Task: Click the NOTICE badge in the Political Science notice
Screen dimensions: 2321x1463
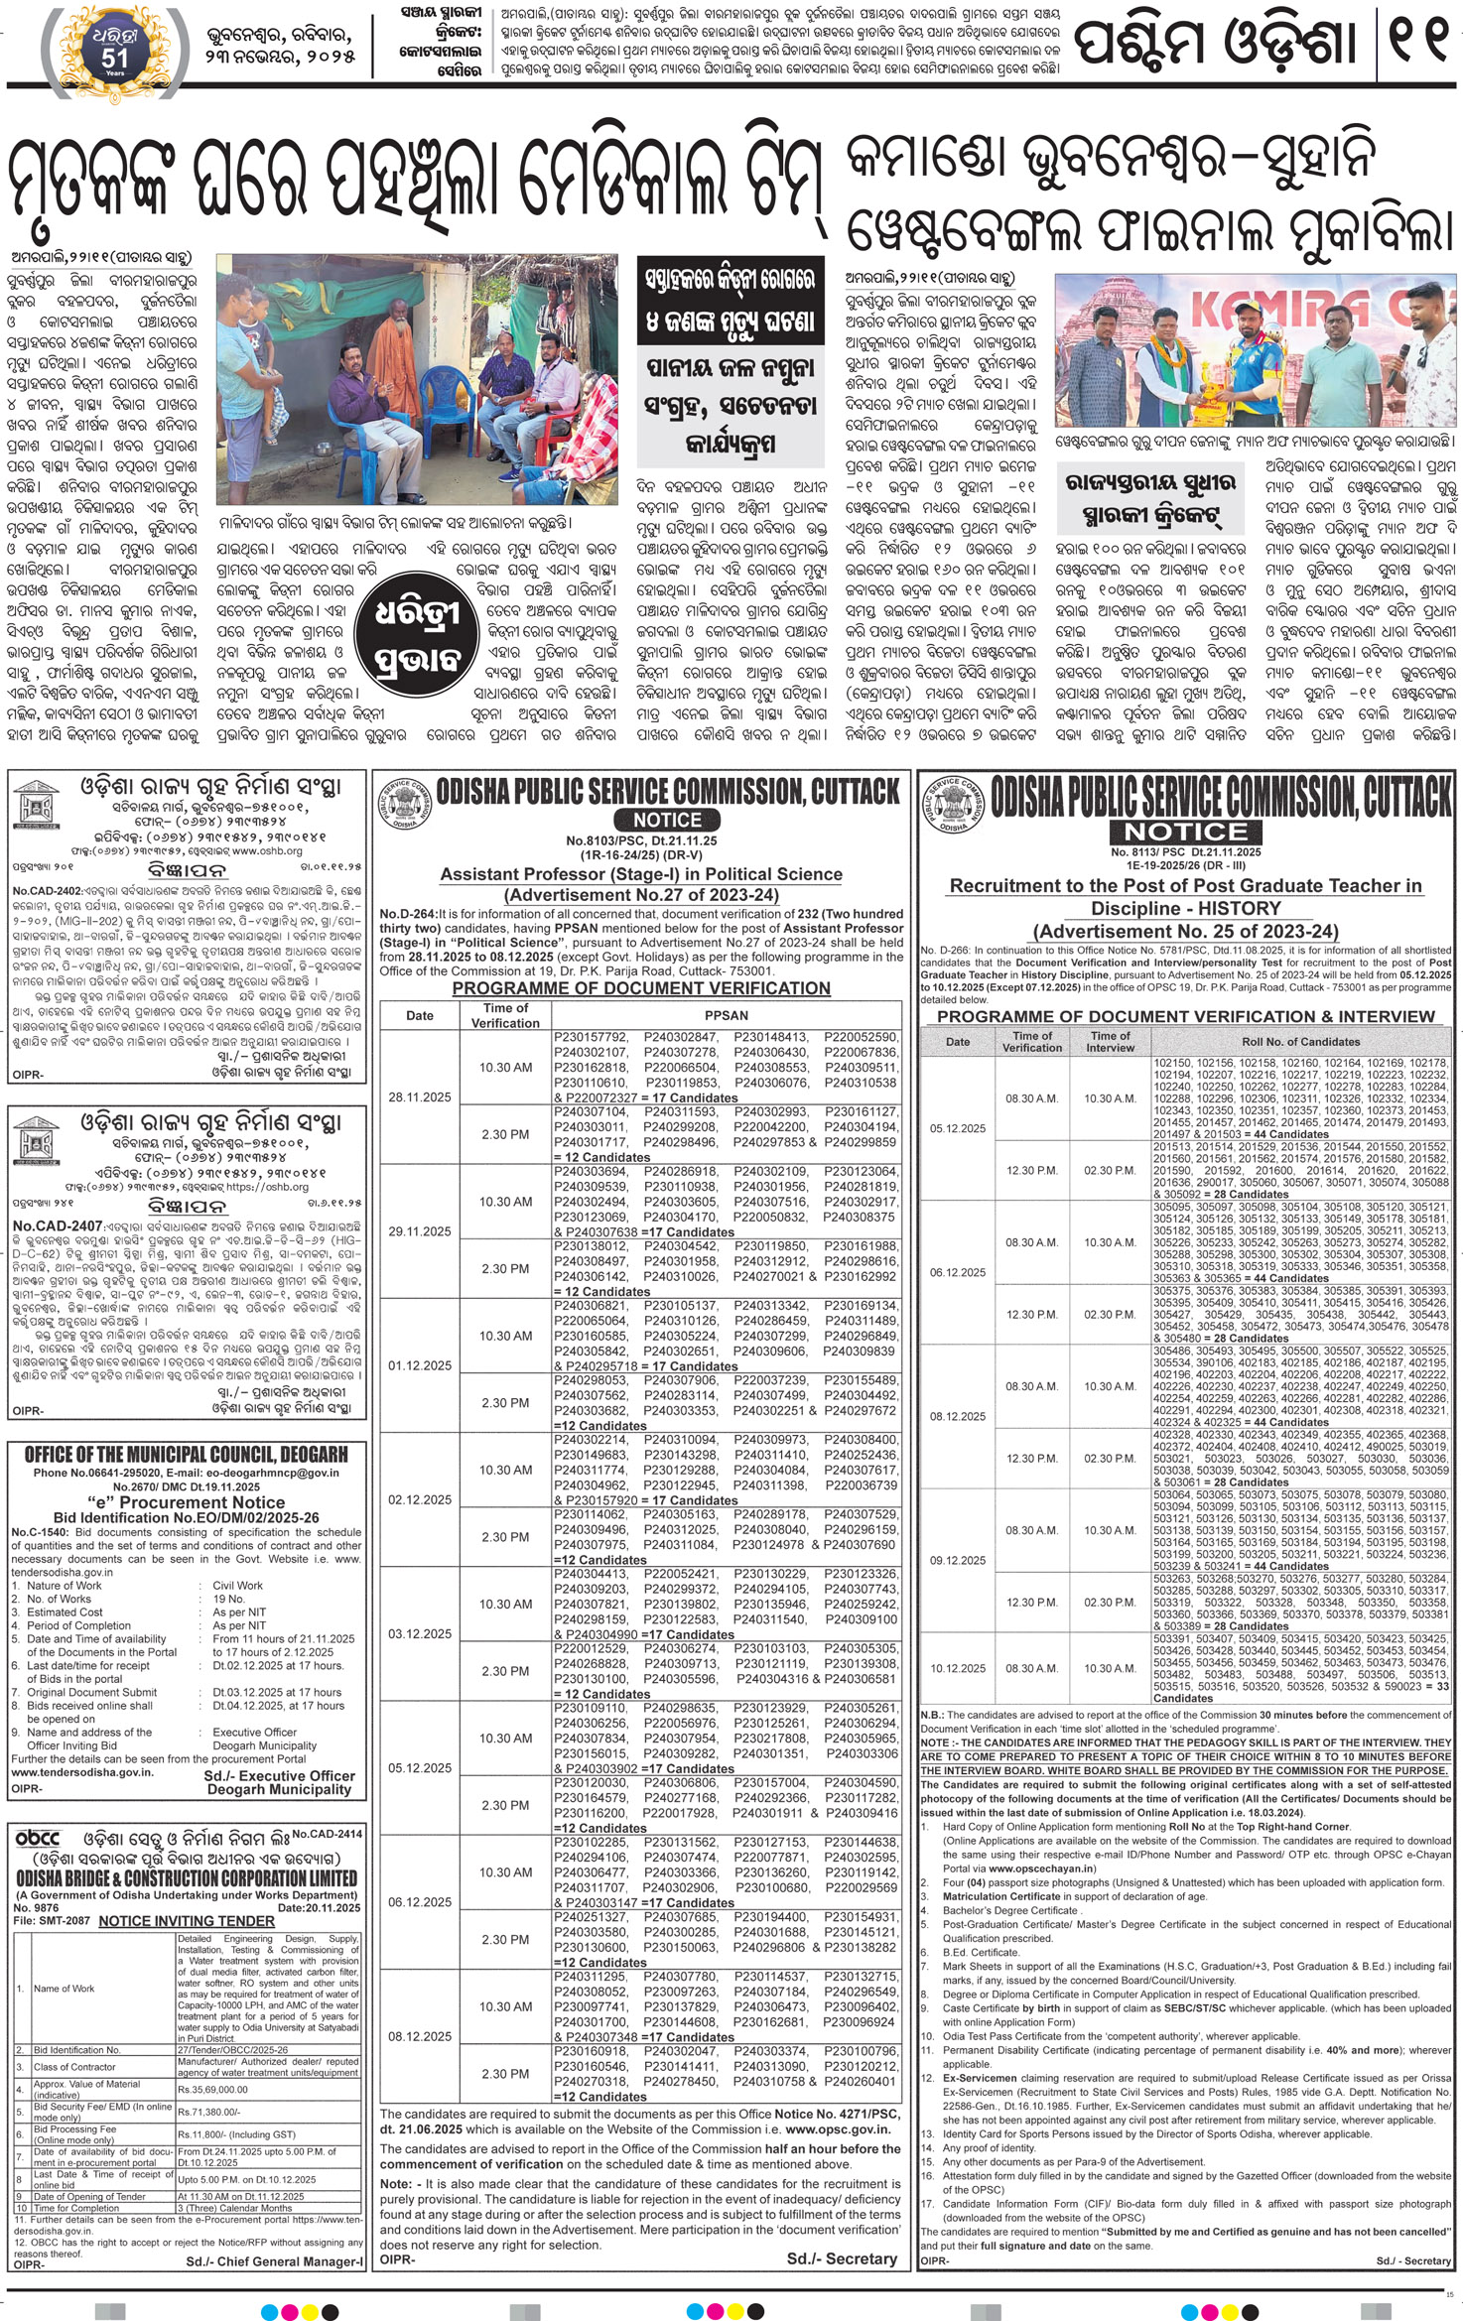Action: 667,820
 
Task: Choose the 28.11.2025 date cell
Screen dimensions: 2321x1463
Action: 420,1096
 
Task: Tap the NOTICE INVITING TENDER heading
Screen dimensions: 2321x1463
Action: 187,1921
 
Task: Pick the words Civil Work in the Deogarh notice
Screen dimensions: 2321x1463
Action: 238,1585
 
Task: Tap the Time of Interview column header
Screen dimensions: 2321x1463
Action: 1110,1041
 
